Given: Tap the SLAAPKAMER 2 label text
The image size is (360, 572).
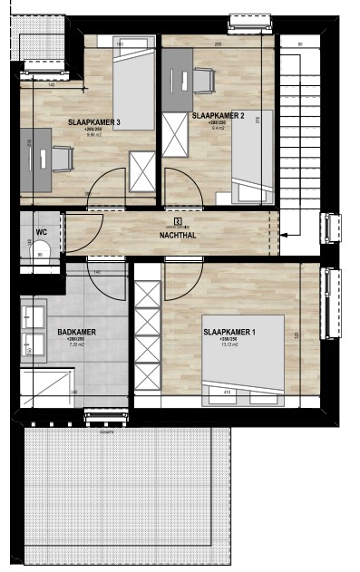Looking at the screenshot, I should click(218, 116).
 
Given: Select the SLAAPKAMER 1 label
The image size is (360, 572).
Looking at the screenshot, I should click(229, 333).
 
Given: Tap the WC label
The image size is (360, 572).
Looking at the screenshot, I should click(41, 232).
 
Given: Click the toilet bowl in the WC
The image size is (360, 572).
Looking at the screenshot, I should click(41, 255).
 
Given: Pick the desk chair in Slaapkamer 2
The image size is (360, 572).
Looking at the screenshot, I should click(201, 81).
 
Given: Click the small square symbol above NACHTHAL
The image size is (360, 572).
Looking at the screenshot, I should click(177, 219).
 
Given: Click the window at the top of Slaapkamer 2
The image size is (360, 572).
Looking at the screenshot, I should click(242, 20).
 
